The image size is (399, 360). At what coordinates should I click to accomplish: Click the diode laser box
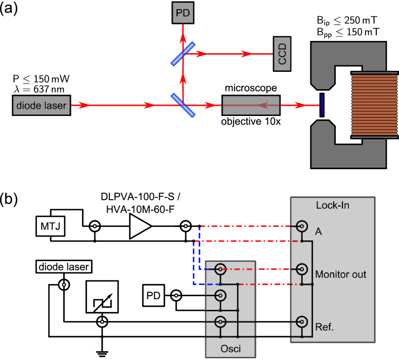[x=41, y=106]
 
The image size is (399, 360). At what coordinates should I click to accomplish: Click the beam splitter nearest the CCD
[x=183, y=54]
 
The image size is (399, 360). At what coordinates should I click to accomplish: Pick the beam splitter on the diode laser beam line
[x=183, y=105]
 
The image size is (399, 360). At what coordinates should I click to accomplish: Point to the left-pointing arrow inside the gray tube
[x=263, y=105]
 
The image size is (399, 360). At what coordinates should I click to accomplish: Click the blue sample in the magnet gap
[x=322, y=105]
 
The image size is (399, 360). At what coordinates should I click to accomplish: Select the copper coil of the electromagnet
[x=375, y=105]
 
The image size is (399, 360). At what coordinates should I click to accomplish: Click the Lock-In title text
[x=332, y=206]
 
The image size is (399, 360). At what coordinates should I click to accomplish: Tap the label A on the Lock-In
[x=318, y=232]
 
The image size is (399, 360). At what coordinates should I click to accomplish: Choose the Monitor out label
[x=340, y=275]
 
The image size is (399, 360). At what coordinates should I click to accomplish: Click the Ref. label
[x=324, y=327]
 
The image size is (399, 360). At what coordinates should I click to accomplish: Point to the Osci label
[x=231, y=349]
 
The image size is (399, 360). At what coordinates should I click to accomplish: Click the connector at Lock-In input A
[x=302, y=226]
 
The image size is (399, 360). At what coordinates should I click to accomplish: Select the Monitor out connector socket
[x=302, y=269]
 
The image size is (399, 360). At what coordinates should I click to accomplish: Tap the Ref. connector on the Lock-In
[x=302, y=321]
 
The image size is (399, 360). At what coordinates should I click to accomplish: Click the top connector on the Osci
[x=220, y=269]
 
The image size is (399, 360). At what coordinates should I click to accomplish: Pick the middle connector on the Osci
[x=220, y=295]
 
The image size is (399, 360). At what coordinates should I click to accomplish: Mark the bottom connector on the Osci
[x=220, y=321]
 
